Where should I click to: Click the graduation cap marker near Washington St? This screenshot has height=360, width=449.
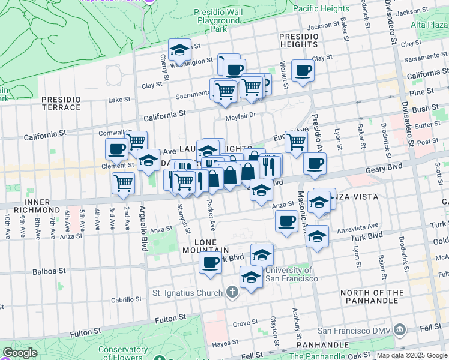pyautogui.click(x=179, y=50)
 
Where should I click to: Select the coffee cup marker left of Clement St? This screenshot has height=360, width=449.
pyautogui.click(x=116, y=149)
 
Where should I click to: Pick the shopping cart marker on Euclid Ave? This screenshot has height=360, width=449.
pyautogui.click(x=296, y=142)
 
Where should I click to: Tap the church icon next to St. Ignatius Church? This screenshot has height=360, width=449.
pyautogui.click(x=233, y=293)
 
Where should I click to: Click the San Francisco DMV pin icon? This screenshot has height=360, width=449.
pyautogui.click(x=400, y=330)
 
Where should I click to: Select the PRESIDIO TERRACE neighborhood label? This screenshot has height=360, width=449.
pyautogui.click(x=61, y=103)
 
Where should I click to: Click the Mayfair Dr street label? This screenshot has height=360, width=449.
pyautogui.click(x=240, y=115)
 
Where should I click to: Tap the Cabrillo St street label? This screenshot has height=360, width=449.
pyautogui.click(x=125, y=300)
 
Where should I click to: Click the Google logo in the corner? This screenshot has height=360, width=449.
pyautogui.click(x=20, y=353)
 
